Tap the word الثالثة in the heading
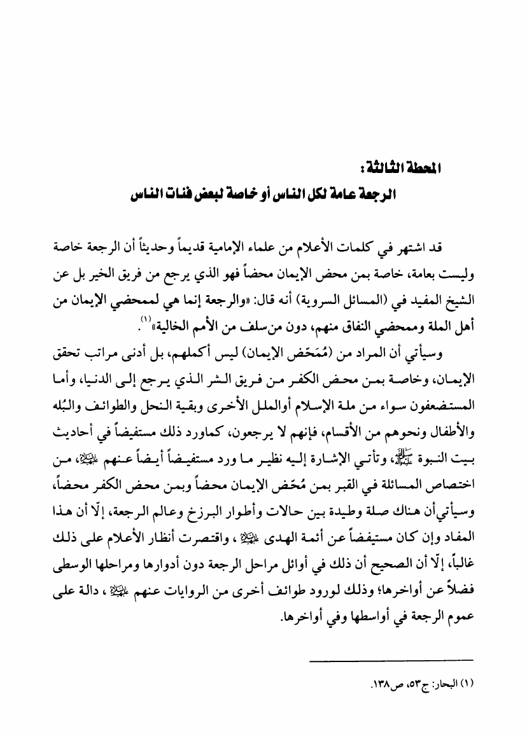(415, 171)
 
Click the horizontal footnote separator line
(391, 661)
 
